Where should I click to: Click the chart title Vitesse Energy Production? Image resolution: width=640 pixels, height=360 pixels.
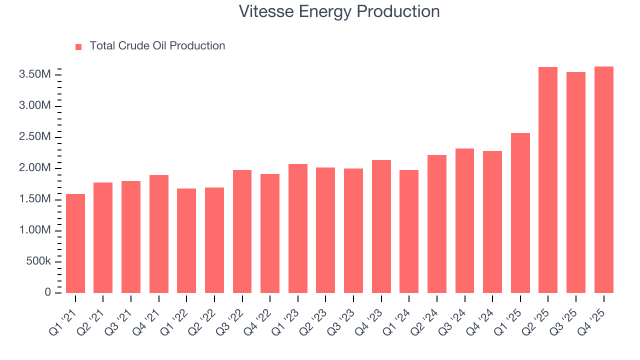point(339,11)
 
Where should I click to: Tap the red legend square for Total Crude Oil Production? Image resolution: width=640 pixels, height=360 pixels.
point(78,47)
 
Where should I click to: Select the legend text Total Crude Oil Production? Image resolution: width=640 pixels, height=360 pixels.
point(157,46)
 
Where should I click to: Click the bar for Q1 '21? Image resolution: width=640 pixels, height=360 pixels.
point(75,243)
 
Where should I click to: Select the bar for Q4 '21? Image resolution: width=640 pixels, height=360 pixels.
point(159,234)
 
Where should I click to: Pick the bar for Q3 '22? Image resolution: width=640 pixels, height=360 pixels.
point(242,231)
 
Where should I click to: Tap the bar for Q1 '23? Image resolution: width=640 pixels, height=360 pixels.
point(298,228)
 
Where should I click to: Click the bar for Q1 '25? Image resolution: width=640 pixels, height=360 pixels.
point(520,213)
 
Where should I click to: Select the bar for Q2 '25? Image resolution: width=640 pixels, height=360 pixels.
point(548,180)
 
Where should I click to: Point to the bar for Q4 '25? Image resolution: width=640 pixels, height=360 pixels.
point(603,179)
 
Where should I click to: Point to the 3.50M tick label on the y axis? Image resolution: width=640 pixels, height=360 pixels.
point(34,75)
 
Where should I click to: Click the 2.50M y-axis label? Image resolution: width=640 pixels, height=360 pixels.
point(34,137)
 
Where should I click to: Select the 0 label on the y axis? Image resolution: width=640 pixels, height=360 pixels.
point(47,292)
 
